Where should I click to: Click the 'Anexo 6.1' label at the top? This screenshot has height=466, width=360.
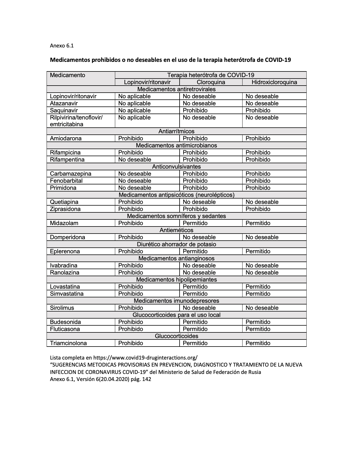point(62,46)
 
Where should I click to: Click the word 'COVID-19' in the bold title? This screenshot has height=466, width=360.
point(278,60)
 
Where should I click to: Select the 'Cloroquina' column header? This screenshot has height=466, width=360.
point(211,82)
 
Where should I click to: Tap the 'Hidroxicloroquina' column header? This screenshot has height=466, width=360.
point(274,82)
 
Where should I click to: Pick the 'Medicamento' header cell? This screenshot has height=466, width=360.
point(67,75)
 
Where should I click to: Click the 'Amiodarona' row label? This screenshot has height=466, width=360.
point(66,138)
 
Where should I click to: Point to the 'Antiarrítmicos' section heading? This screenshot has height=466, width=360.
point(176,131)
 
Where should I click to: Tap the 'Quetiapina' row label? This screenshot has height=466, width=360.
point(64,202)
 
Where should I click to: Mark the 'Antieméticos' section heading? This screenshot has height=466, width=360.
point(176,230)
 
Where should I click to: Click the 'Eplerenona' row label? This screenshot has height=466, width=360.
point(65,251)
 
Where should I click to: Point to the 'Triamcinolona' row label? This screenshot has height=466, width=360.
point(68,343)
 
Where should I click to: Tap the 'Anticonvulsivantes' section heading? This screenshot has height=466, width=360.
point(176,167)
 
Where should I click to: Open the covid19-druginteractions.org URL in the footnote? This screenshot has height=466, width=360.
point(145,357)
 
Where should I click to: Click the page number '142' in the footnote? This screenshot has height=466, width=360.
point(147,379)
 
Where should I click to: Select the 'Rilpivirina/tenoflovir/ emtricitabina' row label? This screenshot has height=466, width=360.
point(76,121)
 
